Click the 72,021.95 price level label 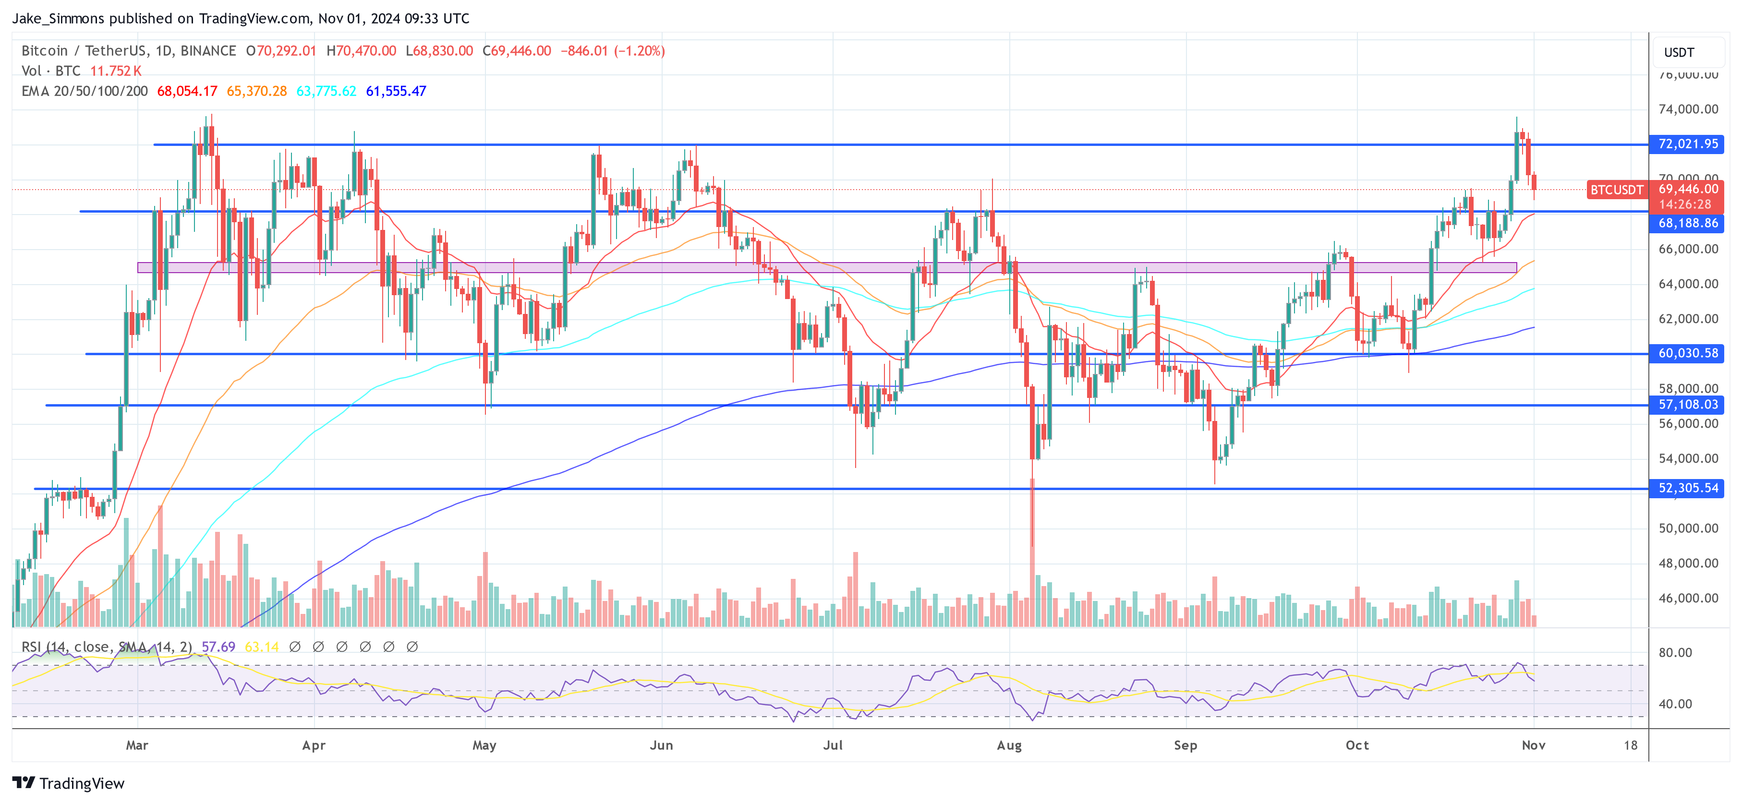tap(1688, 144)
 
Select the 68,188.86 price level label tap(1688, 223)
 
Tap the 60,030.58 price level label tap(1688, 353)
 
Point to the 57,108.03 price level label tap(1688, 404)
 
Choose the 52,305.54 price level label tap(1688, 488)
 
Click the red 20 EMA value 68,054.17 tap(187, 91)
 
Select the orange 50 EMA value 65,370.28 tap(257, 91)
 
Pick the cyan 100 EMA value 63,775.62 tap(326, 91)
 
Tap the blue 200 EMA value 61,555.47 tap(396, 91)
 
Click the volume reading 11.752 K tap(116, 71)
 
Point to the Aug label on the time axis tap(1009, 745)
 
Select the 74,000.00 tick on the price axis tap(1688, 109)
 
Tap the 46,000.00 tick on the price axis tap(1688, 598)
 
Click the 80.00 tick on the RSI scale tap(1675, 652)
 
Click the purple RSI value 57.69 tap(218, 647)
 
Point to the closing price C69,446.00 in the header tap(517, 51)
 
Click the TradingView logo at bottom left tap(68, 783)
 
